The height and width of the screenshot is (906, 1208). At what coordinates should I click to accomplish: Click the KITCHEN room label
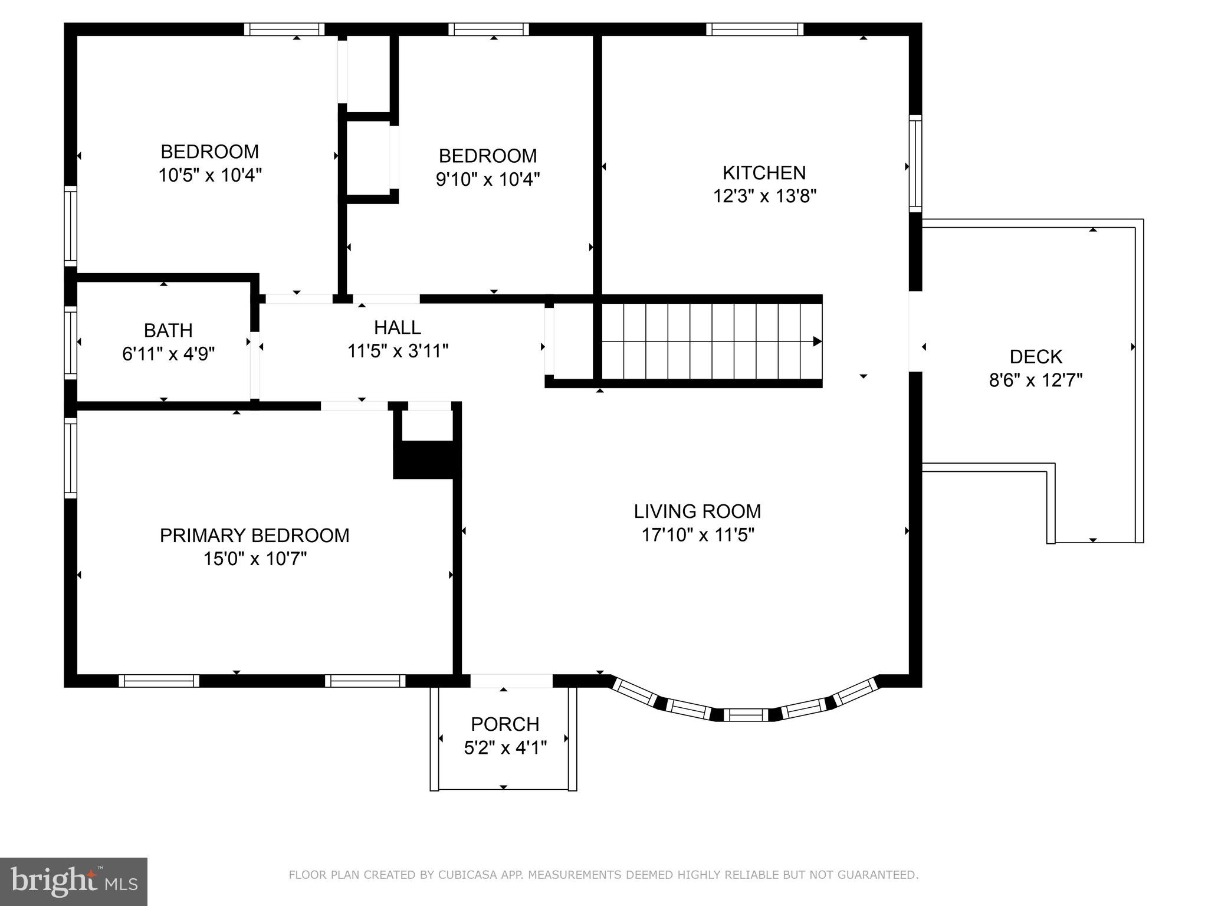point(764,173)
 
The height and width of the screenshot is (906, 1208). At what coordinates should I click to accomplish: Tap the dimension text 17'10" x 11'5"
point(698,535)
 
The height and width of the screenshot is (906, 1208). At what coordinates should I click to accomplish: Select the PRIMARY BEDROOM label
point(254,536)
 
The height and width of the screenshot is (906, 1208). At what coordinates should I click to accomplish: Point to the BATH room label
point(168,330)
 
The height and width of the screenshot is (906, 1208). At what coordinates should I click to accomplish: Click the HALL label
point(397,327)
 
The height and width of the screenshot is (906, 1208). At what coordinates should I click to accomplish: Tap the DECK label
point(1036,357)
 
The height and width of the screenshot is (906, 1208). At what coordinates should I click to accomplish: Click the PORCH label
point(505,724)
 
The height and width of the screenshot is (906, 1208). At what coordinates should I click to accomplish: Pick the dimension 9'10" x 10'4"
point(488,179)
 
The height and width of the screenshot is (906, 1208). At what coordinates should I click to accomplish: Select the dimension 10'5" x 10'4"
point(209,175)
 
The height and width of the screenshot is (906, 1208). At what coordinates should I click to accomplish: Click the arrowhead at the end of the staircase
point(817,342)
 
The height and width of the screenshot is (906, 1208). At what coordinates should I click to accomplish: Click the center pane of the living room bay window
point(746,715)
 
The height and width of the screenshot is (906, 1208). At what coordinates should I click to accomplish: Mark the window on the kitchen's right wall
point(915,163)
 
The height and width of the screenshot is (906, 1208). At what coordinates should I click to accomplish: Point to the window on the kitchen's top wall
point(754,29)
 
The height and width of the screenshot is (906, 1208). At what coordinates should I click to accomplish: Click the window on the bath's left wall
point(70,343)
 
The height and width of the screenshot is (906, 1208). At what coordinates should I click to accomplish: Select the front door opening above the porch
point(511,681)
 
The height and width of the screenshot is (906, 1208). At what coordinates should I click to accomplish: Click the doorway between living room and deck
point(915,331)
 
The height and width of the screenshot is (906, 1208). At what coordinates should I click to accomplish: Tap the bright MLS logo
point(73,881)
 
